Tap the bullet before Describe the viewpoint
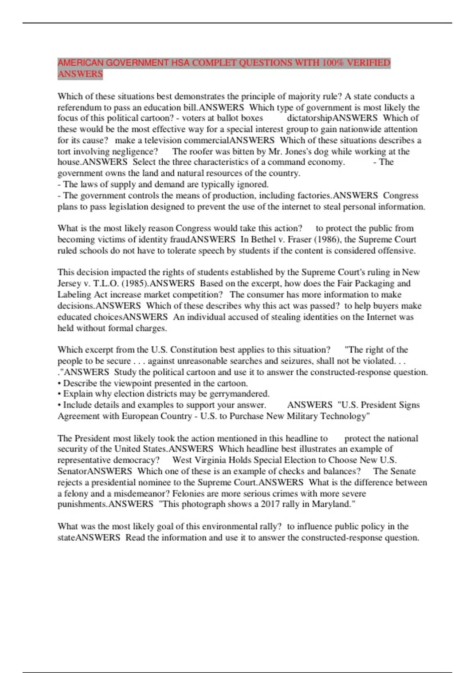(59, 383)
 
